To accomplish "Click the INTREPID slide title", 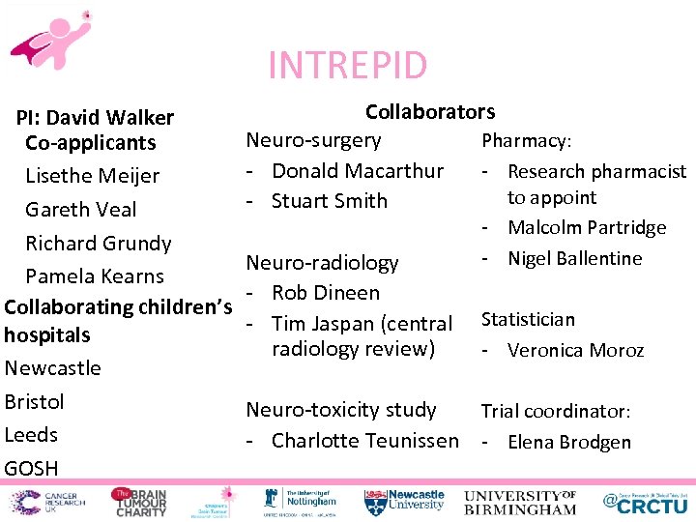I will coord(347,66).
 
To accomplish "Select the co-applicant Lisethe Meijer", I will coord(92,176).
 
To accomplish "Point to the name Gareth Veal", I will coord(80,210).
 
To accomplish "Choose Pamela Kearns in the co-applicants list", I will coord(95,276).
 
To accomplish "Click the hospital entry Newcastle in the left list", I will coord(52,368).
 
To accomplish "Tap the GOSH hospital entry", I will coord(31,469).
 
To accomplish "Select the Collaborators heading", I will coord(429,112).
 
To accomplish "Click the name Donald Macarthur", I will coord(358,171).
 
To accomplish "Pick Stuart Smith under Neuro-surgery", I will coord(329,201).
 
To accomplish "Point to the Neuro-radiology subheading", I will coord(322,263).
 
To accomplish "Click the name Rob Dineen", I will coord(326,293).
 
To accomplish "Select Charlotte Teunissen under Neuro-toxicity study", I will coord(365,441).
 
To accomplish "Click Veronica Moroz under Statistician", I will coord(575,350).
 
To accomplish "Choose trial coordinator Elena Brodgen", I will coord(568,443).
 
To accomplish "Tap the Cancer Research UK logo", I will coord(44,502).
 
